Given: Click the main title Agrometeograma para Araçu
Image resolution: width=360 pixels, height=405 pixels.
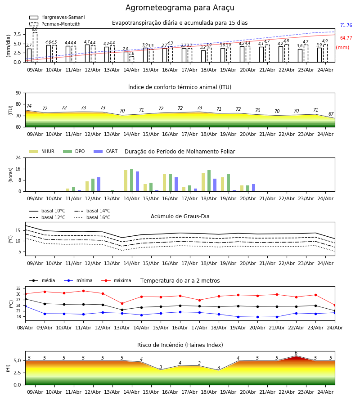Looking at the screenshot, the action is (x=180, y=8).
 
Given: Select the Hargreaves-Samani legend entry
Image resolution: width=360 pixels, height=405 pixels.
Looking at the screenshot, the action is (x=57, y=17).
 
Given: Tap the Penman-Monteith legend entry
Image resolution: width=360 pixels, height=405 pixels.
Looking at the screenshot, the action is (x=55, y=24).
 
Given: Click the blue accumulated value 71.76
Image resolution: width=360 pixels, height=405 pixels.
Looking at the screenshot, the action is (x=346, y=25).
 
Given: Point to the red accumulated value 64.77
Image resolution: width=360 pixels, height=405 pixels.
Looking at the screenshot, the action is (x=346, y=38).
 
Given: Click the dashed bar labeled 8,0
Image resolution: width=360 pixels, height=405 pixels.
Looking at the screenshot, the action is (x=35, y=47).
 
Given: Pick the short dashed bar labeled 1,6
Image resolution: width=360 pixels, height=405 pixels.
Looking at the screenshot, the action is (x=132, y=59).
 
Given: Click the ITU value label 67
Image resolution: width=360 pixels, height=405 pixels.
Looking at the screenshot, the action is (x=331, y=114).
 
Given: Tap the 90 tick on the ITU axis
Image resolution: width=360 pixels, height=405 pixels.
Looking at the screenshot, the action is (x=18, y=93).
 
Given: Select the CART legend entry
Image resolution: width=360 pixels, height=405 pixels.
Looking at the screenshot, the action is (x=105, y=151).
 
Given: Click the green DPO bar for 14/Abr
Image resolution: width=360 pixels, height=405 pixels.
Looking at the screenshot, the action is (x=132, y=180).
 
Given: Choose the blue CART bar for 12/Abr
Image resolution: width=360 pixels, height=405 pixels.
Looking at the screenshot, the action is (x=99, y=184).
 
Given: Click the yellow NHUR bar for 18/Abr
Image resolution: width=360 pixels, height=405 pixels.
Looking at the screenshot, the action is (x=203, y=182).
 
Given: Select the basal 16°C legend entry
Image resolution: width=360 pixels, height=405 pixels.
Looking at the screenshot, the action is (x=92, y=217).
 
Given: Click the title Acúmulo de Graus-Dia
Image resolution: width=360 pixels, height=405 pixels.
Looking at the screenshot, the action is (x=180, y=216).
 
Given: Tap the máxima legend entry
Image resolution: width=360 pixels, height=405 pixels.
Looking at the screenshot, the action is (x=116, y=280).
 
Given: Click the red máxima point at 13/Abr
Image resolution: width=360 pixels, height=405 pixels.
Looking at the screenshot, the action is (x=122, y=303).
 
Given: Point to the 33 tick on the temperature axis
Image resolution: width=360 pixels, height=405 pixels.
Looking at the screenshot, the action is (x=18, y=288).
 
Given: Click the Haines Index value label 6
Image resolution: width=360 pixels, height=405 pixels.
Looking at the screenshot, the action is (x=296, y=353).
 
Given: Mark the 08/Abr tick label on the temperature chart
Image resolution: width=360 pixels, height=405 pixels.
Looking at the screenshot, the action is (x=25, y=328).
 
